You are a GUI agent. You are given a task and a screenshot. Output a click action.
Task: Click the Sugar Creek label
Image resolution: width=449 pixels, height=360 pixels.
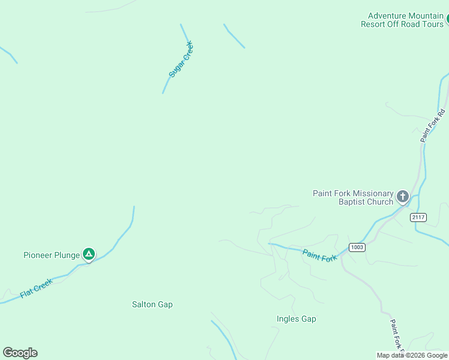click(181, 60)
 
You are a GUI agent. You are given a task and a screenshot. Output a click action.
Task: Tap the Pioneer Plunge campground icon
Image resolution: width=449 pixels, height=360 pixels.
click(89, 255)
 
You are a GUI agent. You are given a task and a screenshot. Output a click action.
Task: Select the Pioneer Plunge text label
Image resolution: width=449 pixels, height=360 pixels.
click(52, 255)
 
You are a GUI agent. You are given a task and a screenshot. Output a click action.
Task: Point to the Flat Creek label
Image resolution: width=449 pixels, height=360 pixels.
click(36, 289)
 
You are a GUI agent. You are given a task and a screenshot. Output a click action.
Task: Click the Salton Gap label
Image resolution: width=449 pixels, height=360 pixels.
click(152, 304)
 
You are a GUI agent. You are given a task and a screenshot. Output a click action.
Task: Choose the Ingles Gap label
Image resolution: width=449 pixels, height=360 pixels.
click(296, 319)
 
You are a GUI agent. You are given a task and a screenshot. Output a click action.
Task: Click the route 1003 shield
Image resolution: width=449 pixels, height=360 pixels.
click(357, 247)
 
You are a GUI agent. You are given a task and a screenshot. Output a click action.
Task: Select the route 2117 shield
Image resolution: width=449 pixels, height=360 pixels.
click(418, 217)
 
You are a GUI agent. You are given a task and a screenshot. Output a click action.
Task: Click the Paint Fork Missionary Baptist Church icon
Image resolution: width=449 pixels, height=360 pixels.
click(402, 196)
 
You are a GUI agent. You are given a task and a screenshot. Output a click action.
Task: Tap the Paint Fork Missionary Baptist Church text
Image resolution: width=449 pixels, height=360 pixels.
click(353, 197)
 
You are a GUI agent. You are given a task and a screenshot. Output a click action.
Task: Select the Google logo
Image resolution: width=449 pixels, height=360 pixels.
click(20, 352)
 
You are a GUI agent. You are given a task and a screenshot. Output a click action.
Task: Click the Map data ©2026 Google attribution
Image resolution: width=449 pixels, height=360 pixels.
click(412, 355)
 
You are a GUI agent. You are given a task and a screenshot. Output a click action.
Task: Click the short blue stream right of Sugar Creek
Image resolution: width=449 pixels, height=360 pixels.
click(234, 36)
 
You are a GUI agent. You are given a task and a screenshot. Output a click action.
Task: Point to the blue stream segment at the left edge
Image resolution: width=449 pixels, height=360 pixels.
click(8, 54)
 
